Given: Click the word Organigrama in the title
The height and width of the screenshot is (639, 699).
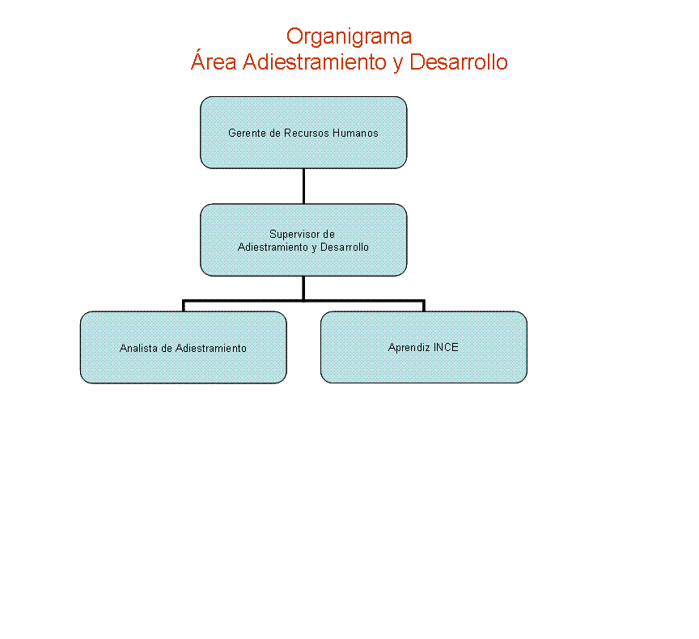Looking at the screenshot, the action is (349, 37).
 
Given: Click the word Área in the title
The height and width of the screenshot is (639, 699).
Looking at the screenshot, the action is (214, 61).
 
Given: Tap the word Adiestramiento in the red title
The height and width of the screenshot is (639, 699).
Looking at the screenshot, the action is (315, 62).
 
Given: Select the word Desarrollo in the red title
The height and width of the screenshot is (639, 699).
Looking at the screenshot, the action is (458, 62).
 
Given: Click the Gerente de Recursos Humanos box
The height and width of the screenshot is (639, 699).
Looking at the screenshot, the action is (303, 133).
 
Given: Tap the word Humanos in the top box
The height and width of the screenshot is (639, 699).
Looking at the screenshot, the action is (355, 133).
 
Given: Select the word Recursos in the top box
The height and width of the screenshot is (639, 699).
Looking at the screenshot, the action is (307, 133).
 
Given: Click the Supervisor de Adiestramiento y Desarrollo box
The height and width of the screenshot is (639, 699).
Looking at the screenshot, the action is (303, 239).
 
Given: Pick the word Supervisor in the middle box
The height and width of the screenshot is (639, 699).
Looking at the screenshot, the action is (294, 235).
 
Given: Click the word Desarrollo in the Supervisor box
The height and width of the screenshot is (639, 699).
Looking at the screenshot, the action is (345, 247).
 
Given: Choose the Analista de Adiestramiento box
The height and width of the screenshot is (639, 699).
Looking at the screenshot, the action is (183, 347).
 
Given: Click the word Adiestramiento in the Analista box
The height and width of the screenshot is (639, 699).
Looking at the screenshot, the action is (211, 348).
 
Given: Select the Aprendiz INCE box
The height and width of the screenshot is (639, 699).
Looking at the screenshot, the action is (423, 347).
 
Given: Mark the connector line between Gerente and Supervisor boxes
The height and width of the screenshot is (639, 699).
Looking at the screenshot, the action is (303, 186).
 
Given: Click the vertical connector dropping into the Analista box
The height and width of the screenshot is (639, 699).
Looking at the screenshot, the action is (183, 306).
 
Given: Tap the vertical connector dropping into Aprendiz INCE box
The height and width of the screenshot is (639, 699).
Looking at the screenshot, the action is (423, 306).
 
